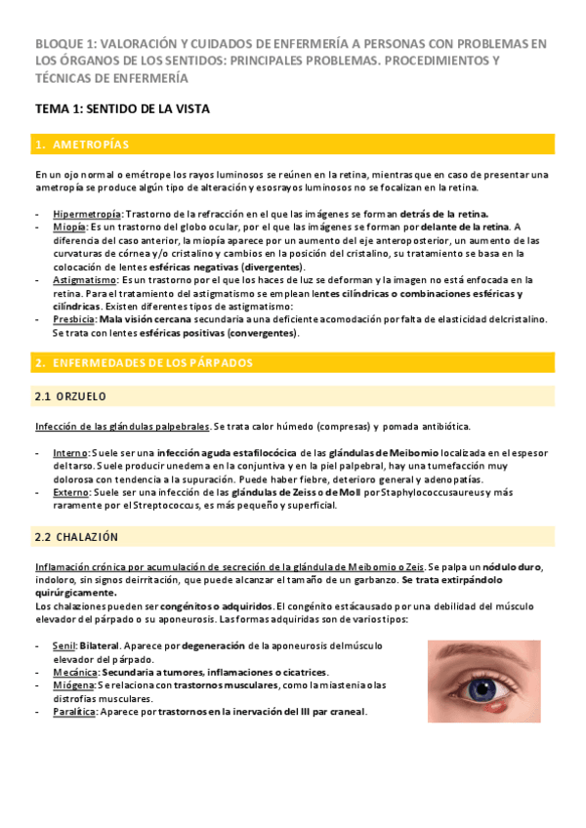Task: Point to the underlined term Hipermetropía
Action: point(88,214)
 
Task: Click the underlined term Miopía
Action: point(69,227)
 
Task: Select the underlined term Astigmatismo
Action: point(84,279)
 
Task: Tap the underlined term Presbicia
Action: point(74,318)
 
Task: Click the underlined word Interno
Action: point(70,453)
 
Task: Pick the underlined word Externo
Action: point(71,492)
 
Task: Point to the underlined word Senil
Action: point(63,646)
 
